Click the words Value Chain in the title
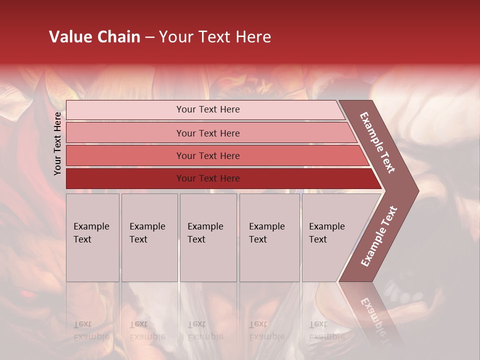94,37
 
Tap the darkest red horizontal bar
125,178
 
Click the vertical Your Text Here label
57,143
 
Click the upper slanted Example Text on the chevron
377,142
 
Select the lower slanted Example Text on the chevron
379,236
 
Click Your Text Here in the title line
215,37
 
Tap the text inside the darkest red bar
208,178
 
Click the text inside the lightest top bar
208,109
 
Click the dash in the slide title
149,37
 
